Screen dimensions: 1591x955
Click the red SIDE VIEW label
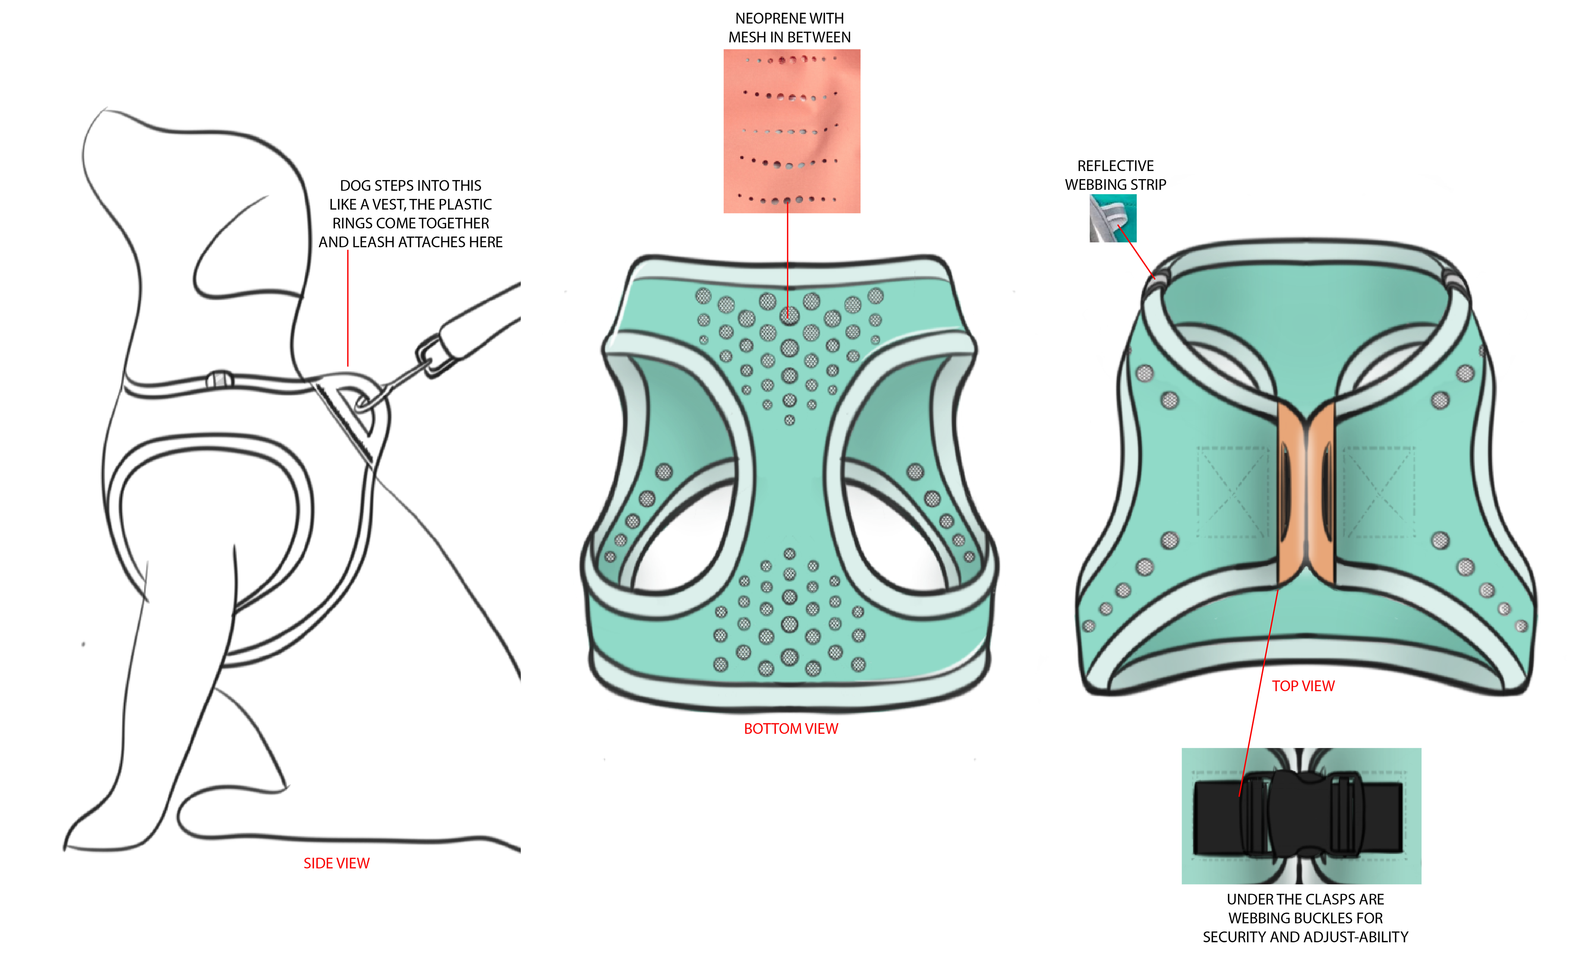[336, 863]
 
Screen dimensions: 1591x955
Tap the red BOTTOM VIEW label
[791, 728]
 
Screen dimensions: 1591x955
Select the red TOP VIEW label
[1303, 686]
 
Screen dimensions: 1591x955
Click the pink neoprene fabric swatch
[791, 131]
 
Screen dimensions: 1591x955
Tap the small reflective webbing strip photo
[1113, 219]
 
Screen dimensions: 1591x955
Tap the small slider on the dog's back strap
[219, 380]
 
